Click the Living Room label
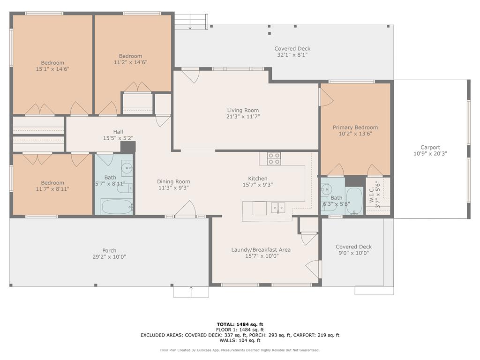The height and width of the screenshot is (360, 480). click(x=243, y=110)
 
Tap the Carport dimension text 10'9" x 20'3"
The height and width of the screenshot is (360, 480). click(x=430, y=154)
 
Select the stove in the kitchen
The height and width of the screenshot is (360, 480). click(x=274, y=158)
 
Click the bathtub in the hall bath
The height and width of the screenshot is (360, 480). click(x=117, y=207)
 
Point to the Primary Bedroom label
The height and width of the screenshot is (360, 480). click(x=355, y=127)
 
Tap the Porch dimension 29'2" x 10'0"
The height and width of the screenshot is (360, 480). click(x=109, y=257)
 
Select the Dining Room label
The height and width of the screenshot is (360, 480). click(x=173, y=181)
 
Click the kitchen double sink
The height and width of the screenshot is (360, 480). click(x=278, y=208)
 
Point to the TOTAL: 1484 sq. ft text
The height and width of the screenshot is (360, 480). click(x=240, y=324)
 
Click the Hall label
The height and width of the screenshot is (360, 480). click(x=118, y=132)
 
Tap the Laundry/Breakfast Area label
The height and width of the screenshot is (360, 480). click(x=261, y=250)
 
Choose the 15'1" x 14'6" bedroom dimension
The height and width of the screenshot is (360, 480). click(x=52, y=69)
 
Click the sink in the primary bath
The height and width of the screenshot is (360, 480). click(x=326, y=190)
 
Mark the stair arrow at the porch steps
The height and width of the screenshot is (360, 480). click(x=191, y=292)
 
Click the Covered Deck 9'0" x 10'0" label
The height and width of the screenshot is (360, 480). click(x=353, y=250)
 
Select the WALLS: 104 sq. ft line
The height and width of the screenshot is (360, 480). click(x=240, y=340)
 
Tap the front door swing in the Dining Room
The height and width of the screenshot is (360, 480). click(x=186, y=208)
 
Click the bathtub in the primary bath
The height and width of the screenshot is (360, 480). click(x=354, y=201)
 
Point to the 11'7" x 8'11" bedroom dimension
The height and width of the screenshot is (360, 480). click(x=52, y=189)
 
